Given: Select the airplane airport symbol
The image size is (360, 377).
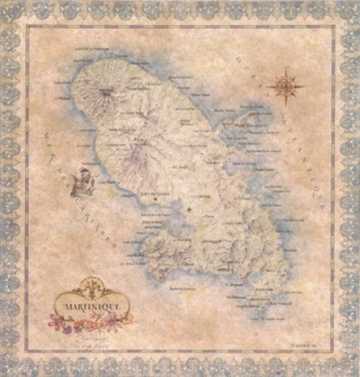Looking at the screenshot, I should point(189,210).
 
